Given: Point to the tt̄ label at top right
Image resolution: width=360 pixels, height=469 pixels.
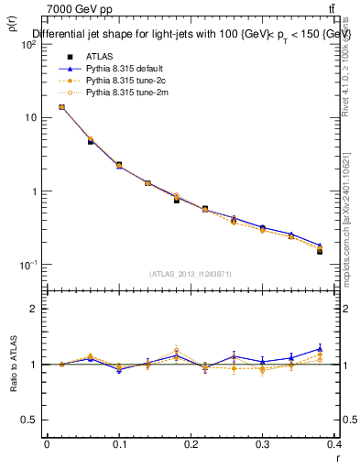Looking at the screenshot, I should [343, 9].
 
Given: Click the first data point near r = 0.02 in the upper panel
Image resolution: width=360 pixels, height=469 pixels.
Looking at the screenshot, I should [61, 107].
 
